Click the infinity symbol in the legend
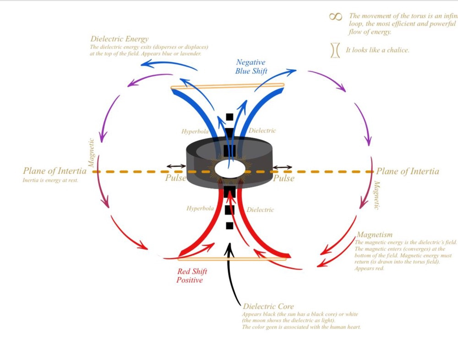[x=336, y=16]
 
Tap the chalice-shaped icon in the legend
[x=335, y=50]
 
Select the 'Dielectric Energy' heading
[x=120, y=39]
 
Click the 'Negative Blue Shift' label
[x=251, y=66]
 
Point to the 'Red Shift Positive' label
[x=190, y=276]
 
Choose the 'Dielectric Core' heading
[x=268, y=306]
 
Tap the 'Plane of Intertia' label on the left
[x=55, y=171]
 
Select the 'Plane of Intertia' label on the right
[x=408, y=172]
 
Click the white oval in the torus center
[x=229, y=168]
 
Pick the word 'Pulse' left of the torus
[x=175, y=178]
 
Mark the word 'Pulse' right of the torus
[x=284, y=178]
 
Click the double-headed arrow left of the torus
[x=175, y=166]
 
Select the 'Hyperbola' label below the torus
[x=200, y=208]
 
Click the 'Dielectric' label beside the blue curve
[x=262, y=131]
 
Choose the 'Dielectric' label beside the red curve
[x=260, y=210]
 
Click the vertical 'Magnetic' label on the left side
[x=91, y=152]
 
